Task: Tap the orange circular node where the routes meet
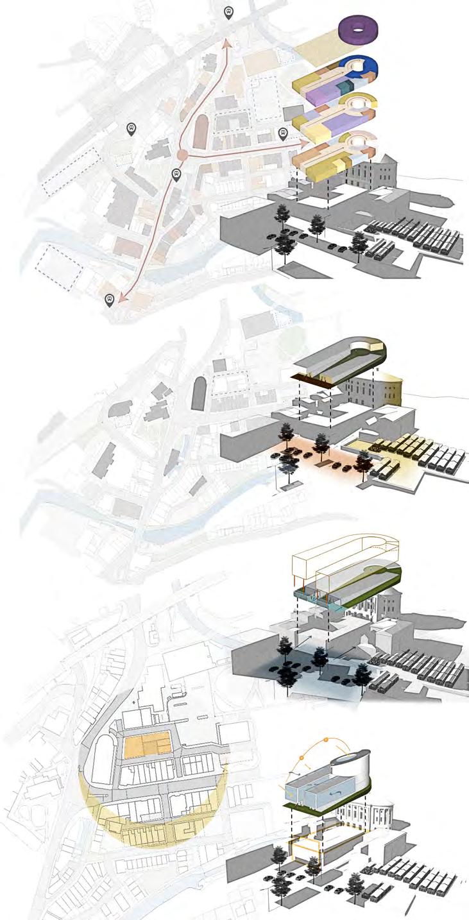click(182, 155)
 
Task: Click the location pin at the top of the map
click(229, 12)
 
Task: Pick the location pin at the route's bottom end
click(110, 300)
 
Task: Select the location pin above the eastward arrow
click(282, 133)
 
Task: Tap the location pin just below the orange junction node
click(176, 173)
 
